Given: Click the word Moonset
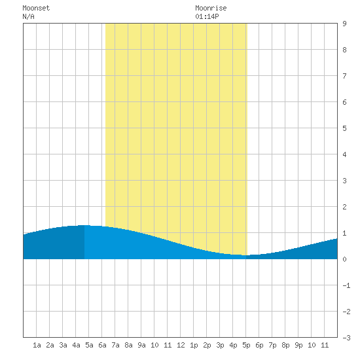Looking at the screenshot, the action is [36, 9].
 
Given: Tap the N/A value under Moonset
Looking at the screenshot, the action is [28, 17].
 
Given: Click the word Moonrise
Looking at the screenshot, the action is [211, 9].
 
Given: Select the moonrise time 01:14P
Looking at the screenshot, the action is [207, 17].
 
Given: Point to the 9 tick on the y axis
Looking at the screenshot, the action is [344, 24].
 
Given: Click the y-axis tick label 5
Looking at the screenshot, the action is [344, 128].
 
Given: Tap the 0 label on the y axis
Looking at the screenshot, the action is [344, 259].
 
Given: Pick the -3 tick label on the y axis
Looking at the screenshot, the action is [346, 338].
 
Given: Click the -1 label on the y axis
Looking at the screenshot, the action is [346, 285].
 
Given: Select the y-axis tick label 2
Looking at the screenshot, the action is [344, 207].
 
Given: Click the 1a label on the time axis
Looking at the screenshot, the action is [37, 345].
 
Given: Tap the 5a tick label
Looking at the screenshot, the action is [89, 345].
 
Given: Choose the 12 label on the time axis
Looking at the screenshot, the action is [181, 345].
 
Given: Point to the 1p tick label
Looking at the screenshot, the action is [194, 345].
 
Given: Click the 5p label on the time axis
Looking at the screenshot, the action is [246, 345].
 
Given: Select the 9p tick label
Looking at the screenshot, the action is [298, 345].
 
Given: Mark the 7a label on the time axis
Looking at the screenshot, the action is [115, 345].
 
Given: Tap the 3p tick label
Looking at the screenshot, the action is [220, 345].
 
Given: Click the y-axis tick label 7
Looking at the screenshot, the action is [344, 76].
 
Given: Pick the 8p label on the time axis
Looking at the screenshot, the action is [285, 345].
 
